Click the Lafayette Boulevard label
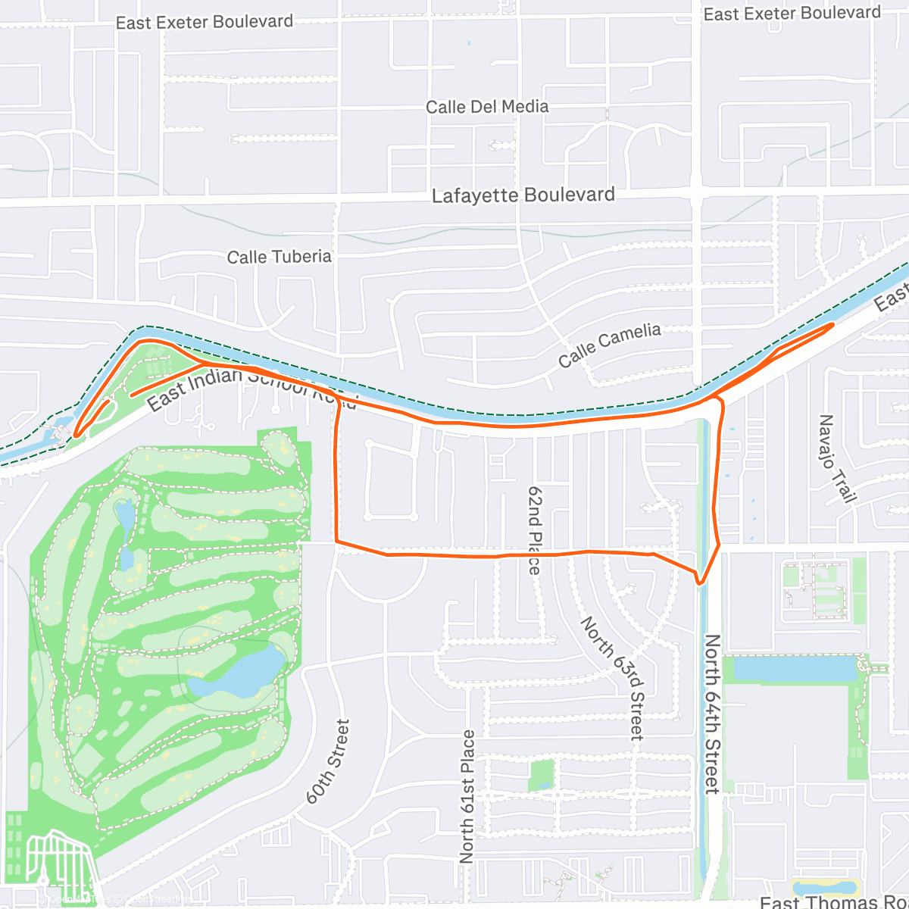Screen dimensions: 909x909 tap(523, 195)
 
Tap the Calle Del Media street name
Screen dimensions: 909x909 tap(487, 107)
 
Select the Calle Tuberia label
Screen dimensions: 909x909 tap(280, 257)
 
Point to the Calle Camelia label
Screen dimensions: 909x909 tap(610, 344)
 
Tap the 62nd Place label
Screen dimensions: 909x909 tap(534, 530)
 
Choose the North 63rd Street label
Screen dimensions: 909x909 tap(612, 676)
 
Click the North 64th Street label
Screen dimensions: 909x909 tap(712, 714)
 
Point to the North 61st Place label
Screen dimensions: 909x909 tap(467, 795)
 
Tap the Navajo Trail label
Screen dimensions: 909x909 tap(836, 458)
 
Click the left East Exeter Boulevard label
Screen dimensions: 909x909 tap(205, 22)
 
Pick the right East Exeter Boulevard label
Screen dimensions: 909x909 tap(792, 14)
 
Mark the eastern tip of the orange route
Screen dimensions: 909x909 tap(833, 324)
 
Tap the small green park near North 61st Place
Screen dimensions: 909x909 tap(542, 774)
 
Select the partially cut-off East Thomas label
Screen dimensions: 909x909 tap(833, 901)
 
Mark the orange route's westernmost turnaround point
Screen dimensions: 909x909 tap(76, 435)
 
